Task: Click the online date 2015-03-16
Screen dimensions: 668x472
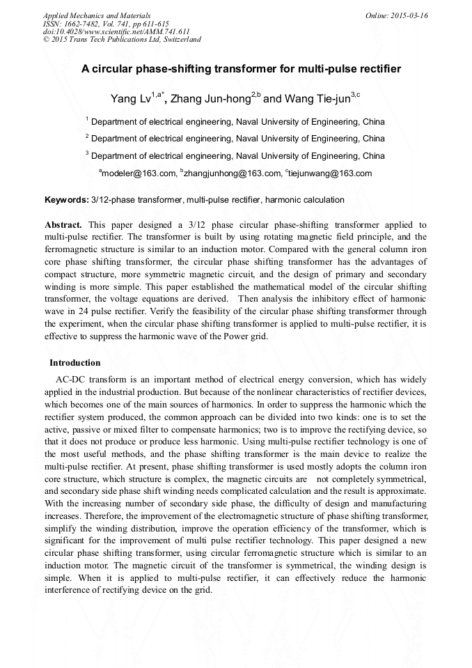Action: point(410,15)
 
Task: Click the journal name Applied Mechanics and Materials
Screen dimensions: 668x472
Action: point(97,15)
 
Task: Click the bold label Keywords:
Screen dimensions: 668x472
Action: point(67,200)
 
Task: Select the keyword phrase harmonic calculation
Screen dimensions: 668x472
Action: point(305,200)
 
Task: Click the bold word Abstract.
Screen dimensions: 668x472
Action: point(63,225)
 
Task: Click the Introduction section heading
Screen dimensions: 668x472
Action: point(74,363)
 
